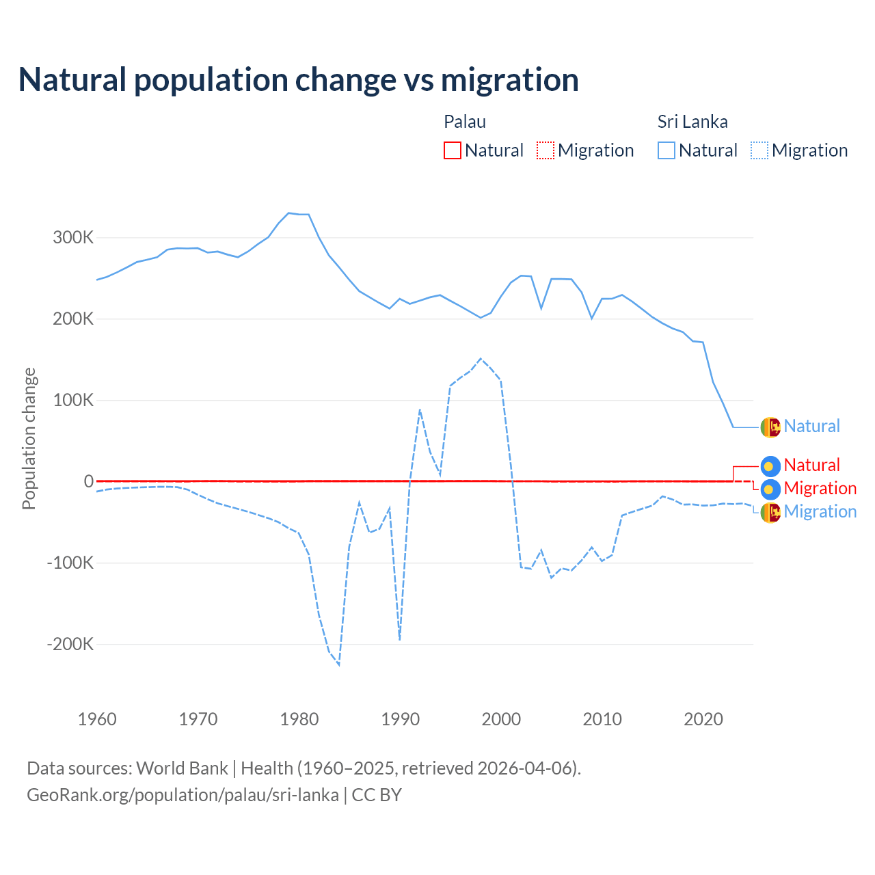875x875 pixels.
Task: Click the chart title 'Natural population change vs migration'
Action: [x=298, y=80]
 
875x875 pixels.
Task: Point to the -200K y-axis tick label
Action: [x=70, y=644]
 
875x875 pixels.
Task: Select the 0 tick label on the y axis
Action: [x=88, y=481]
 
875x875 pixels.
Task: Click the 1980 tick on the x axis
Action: [x=299, y=719]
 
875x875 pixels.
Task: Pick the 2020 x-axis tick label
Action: [x=703, y=719]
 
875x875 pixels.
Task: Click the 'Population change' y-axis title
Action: [x=29, y=438]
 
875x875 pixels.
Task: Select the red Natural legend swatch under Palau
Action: [x=452, y=150]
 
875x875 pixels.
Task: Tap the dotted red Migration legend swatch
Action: [x=545, y=150]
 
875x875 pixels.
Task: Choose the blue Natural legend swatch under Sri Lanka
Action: [x=666, y=150]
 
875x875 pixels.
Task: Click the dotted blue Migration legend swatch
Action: [x=759, y=150]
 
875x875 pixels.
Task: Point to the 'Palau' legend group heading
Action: [x=465, y=122]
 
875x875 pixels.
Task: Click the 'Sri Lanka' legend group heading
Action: [x=692, y=122]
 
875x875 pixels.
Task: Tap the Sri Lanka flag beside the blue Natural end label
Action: [x=770, y=427]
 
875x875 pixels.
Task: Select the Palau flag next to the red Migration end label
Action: [x=770, y=489]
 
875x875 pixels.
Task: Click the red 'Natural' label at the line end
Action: [x=811, y=466]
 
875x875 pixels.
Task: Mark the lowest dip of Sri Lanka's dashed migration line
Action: [x=339, y=664]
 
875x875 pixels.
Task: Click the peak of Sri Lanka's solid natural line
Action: [x=288, y=213]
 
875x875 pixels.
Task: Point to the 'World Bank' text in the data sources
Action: [x=182, y=768]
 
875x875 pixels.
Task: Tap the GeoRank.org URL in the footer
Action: [x=183, y=795]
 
